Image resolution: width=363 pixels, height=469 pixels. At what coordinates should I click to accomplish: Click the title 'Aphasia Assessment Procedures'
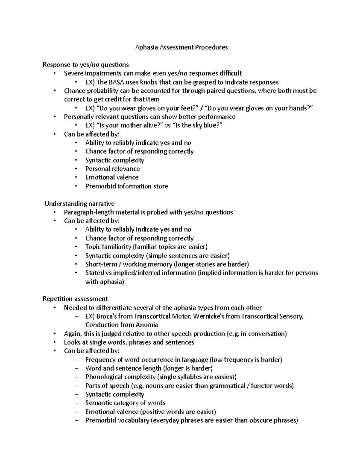pyautogui.click(x=181, y=47)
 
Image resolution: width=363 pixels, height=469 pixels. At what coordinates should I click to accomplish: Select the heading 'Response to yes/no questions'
pyautogui.click(x=86, y=65)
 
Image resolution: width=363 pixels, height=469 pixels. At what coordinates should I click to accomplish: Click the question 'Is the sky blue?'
pyautogui.click(x=195, y=125)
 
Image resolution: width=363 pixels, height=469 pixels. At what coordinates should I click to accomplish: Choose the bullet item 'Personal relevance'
pyautogui.click(x=113, y=169)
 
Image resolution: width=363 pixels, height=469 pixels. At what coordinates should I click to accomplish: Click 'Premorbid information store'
pyautogui.click(x=126, y=186)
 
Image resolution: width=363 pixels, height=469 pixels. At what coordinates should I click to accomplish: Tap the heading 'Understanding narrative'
pyautogui.click(x=80, y=204)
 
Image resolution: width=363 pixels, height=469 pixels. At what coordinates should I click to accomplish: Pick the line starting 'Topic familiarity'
pyautogui.click(x=146, y=247)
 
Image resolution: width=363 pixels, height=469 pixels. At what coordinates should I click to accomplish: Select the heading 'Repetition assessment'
pyautogui.click(x=75, y=299)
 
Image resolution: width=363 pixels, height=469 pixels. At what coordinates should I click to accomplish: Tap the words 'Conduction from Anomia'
pyautogui.click(x=122, y=325)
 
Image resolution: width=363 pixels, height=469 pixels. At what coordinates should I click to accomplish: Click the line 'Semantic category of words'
pyautogui.click(x=125, y=403)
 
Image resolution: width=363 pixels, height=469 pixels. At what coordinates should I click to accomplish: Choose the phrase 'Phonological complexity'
pyautogui.click(x=120, y=377)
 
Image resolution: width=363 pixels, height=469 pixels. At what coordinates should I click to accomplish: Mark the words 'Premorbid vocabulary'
pyautogui.click(x=117, y=420)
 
